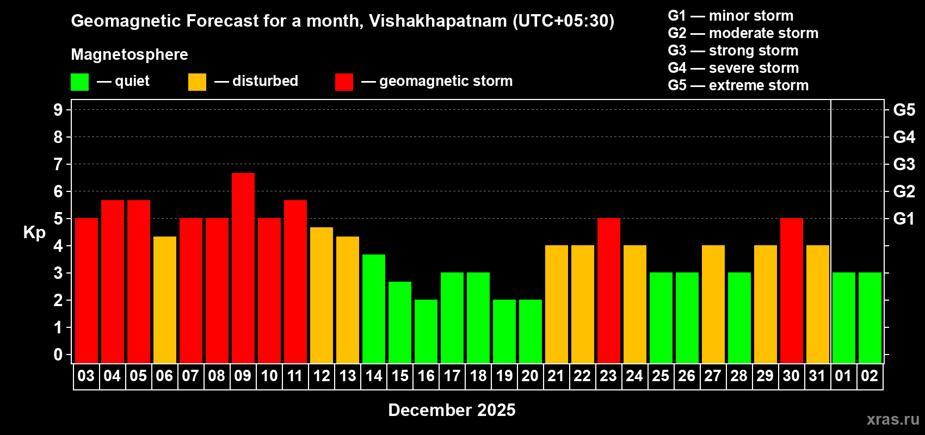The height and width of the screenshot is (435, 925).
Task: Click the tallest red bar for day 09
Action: tap(243, 268)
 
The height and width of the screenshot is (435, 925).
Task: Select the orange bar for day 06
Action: tap(164, 300)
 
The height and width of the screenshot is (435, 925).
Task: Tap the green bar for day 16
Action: tap(425, 331)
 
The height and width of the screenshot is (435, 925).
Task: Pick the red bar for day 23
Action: tap(608, 290)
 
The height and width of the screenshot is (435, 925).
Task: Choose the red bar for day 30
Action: tap(791, 290)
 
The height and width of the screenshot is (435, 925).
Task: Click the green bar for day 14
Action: tap(373, 308)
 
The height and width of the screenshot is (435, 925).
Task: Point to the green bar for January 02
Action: tap(869, 318)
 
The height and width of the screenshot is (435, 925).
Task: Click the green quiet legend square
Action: tap(79, 82)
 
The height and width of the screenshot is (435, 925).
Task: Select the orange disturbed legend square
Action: tap(197, 82)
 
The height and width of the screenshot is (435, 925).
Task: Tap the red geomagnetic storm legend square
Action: tap(344, 82)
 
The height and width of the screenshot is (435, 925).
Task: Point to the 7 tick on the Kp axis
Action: tap(58, 164)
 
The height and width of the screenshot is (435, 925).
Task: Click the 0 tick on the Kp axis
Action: tap(58, 355)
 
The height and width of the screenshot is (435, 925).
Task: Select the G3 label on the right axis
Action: tap(904, 164)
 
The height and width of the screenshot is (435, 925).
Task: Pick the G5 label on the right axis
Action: tap(904, 110)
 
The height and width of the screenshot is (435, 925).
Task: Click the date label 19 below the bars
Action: tap(504, 376)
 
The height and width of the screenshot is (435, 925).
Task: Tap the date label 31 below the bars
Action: tap(817, 376)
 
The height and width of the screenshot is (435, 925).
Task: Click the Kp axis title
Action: tap(34, 233)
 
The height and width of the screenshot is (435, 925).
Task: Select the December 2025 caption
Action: tap(452, 410)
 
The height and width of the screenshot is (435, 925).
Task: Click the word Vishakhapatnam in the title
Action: tap(437, 21)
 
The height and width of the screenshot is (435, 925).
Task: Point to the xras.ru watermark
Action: tap(892, 419)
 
